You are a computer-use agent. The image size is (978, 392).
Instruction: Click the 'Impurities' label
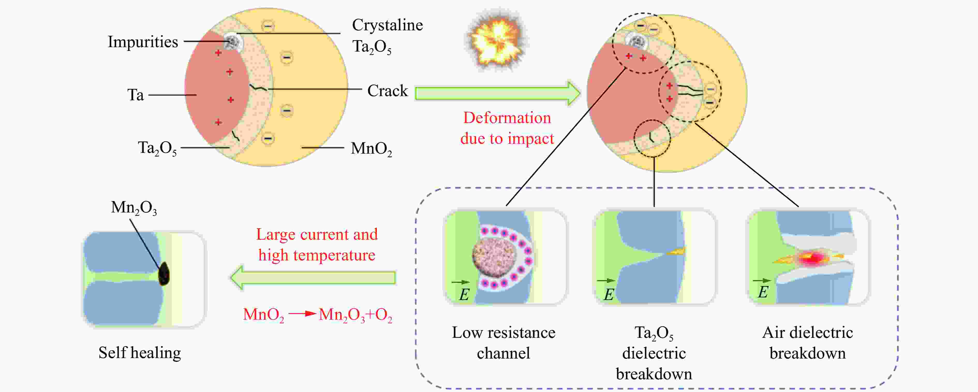pyautogui.click(x=143, y=42)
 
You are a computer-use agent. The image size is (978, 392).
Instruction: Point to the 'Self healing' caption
pyautogui.click(x=140, y=353)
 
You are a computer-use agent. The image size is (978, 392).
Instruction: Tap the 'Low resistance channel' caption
pyautogui.click(x=503, y=343)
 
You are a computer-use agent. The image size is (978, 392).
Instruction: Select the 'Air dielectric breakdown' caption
pyautogui.click(x=807, y=343)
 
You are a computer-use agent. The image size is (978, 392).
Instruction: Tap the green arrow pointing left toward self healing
pyautogui.click(x=313, y=277)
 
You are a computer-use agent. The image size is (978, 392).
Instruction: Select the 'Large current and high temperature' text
pyautogui.click(x=317, y=245)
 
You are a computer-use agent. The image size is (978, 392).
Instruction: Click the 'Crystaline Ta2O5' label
pyautogui.click(x=387, y=36)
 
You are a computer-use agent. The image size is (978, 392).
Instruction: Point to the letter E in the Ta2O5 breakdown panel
pyautogui.click(x=609, y=295)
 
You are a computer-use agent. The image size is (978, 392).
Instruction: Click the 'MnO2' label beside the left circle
pyautogui.click(x=371, y=149)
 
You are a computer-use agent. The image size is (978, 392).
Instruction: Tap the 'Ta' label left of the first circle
pyautogui.click(x=136, y=95)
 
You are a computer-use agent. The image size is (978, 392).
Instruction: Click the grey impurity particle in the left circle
pyautogui.click(x=232, y=42)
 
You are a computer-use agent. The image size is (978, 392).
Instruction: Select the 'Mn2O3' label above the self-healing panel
pyautogui.click(x=134, y=208)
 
